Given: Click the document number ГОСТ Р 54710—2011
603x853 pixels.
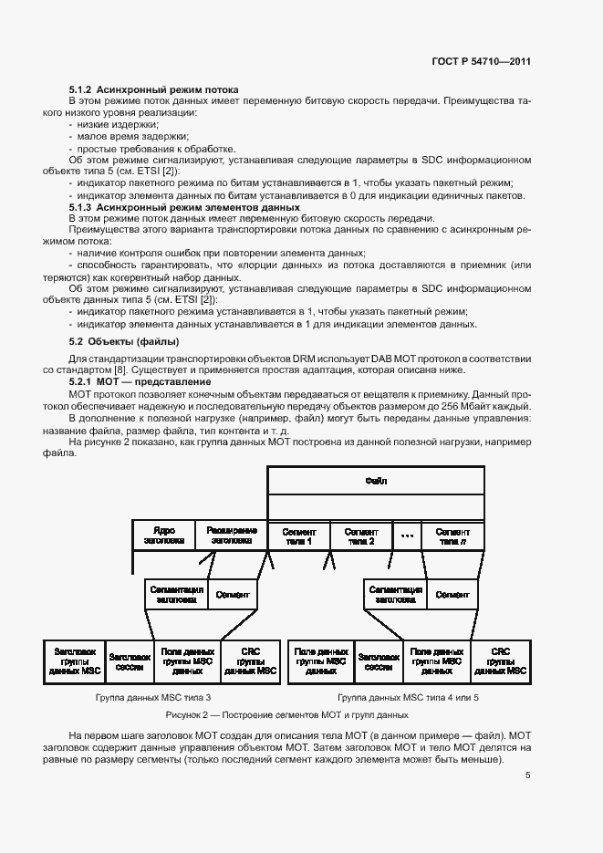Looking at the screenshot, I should click(483, 61).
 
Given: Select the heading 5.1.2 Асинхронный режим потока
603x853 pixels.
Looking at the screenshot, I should click(154, 89).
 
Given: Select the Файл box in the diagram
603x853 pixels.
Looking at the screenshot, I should click(377, 480).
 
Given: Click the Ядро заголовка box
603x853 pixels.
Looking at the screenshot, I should click(164, 536).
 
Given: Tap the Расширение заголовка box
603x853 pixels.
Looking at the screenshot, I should click(232, 536).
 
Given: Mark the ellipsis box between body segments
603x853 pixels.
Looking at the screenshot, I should click(407, 536).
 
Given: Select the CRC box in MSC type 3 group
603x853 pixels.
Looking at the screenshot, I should click(250, 661).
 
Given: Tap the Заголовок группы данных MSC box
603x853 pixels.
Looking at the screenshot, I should click(75, 661).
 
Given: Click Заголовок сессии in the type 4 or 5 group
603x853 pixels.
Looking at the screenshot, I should click(377, 661).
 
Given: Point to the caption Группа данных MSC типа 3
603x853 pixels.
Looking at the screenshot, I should click(159, 698).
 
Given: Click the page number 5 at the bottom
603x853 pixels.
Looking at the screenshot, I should click(528, 775).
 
